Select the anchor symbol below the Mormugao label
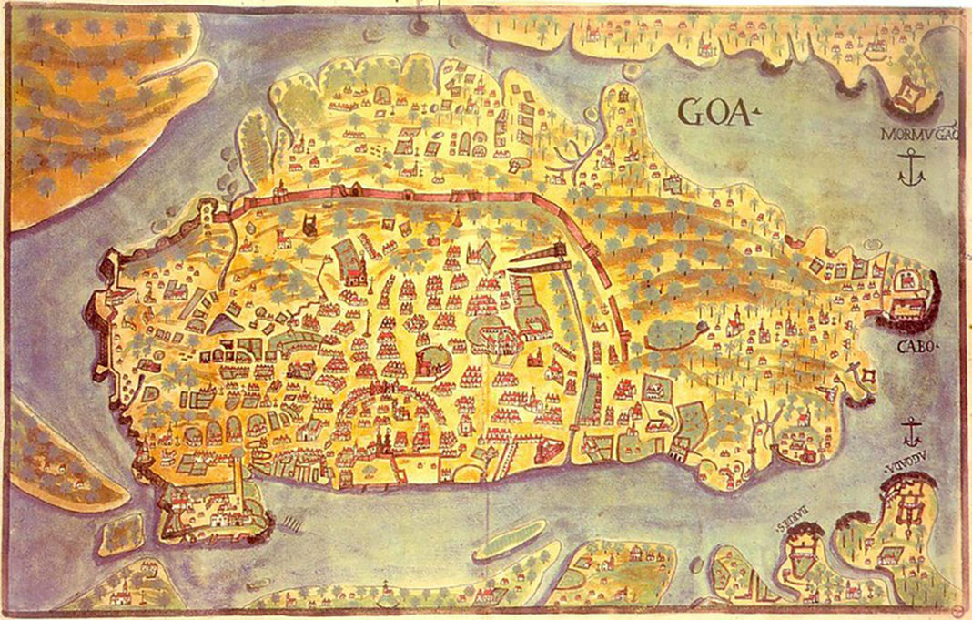point(910,168)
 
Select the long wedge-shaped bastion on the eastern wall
point(541,258)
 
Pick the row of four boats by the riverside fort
point(293,524)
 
